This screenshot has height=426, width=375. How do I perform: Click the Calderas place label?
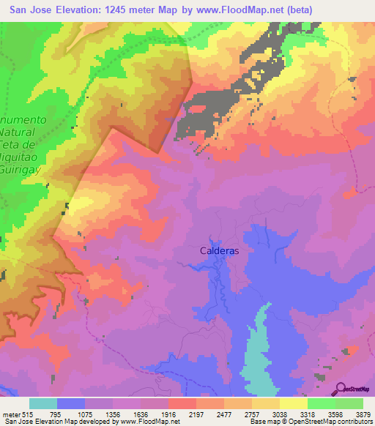click(220, 250)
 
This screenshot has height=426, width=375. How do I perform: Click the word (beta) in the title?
click(316, 10)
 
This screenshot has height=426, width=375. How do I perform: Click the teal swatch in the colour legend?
click(43, 403)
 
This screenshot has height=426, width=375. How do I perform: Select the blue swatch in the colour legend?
click(71, 403)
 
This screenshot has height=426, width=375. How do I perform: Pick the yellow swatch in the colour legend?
click(293, 403)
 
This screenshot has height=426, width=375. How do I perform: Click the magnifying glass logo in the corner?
click(341, 389)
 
